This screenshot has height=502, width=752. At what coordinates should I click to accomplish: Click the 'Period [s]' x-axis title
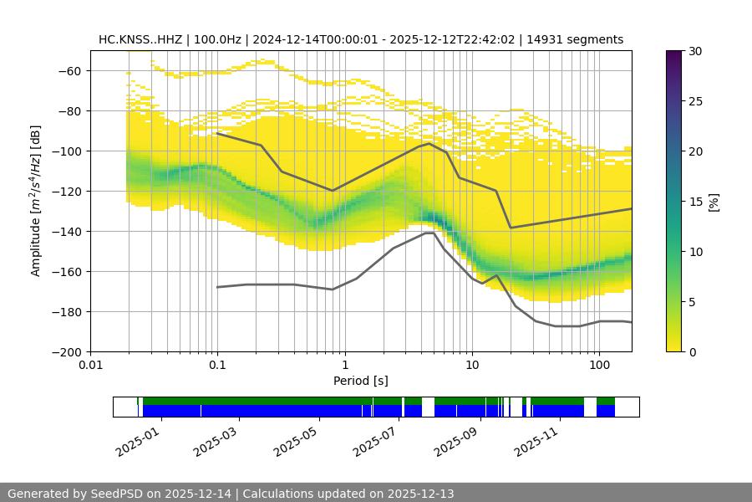coord(361,381)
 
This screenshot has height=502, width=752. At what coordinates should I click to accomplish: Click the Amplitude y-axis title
coord(35,201)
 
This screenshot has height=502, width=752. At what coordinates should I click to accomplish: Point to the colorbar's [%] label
coord(714,202)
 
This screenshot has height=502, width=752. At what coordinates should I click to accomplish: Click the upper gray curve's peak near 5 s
coord(429,143)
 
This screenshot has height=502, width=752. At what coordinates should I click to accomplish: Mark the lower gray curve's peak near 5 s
coord(429,233)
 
